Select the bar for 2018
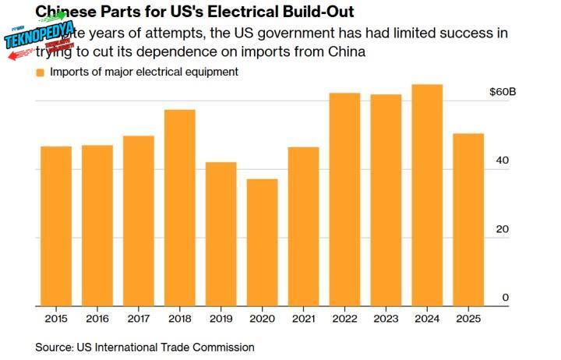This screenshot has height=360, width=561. pos(180,207)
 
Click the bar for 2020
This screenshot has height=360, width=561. pos(262,242)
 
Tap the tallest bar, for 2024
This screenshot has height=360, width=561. pos(427,195)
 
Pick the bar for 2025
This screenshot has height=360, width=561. pos(468,219)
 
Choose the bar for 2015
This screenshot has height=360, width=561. pos(56,226)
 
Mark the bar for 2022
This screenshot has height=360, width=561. pos(344,199)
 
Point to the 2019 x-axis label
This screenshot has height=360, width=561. pos(221,319)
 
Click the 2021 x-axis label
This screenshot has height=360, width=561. pos(303,319)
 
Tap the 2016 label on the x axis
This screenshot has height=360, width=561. pos(97,319)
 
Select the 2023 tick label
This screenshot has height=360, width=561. pos(386,319)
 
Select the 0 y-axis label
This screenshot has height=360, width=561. pos(506,298)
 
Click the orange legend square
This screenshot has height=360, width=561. pos(40,72)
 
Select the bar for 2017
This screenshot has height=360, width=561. pos(139,221)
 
